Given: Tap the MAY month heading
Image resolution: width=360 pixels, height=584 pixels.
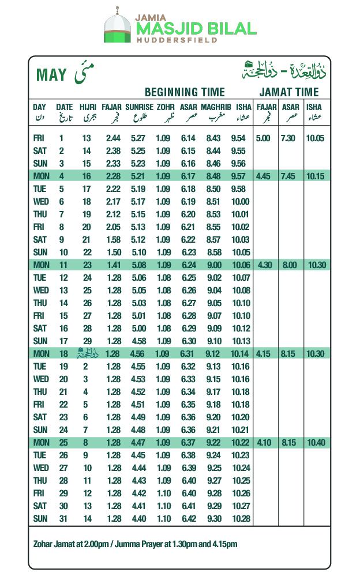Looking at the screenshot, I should click(x=51, y=75).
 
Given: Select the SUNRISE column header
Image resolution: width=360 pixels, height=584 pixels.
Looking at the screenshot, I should click(x=139, y=107).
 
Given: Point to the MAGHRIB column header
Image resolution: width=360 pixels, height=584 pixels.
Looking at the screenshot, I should click(x=216, y=107).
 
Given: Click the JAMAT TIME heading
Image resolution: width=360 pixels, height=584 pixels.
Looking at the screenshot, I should click(x=288, y=92).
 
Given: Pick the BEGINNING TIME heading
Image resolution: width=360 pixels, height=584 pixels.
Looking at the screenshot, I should click(x=185, y=92).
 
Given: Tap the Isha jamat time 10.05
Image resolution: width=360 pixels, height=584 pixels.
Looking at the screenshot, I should click(x=315, y=138).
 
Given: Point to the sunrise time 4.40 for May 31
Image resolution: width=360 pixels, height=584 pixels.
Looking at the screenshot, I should click(x=138, y=518).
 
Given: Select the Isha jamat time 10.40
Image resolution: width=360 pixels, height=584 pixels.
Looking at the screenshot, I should click(x=315, y=442).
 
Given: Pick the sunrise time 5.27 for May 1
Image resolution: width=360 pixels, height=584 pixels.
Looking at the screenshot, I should click(x=138, y=138).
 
